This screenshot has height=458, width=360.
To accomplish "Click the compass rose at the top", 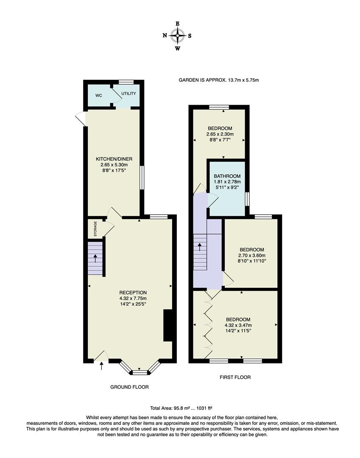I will coord(177,36).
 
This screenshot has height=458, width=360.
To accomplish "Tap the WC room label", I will coord(98,95).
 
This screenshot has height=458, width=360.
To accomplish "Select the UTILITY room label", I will coord(128,93).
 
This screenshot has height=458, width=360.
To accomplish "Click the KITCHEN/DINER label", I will coord(113,159).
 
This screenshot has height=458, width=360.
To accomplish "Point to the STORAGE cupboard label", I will coord(95,229).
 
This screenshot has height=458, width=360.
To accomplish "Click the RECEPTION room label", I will coord(133,292).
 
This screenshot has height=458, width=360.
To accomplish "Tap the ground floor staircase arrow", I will coord(95,257).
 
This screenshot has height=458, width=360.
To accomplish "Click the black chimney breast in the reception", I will coord(168,325).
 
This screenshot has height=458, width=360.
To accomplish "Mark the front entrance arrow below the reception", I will coord(101,366).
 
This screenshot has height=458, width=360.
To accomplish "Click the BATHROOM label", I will coord(227,176).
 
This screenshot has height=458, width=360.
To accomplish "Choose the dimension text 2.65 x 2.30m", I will coord(220,134).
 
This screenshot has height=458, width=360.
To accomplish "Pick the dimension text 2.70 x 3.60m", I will coord(252,255).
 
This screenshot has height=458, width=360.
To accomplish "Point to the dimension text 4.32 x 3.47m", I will coord(238,325).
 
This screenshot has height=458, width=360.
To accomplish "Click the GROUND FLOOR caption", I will coord(129,387).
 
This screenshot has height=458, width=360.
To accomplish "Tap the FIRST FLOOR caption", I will coord(235,377).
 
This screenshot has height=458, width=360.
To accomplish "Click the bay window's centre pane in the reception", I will coord(140,372).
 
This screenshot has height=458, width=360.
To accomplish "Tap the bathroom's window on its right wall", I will coord(248,198).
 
